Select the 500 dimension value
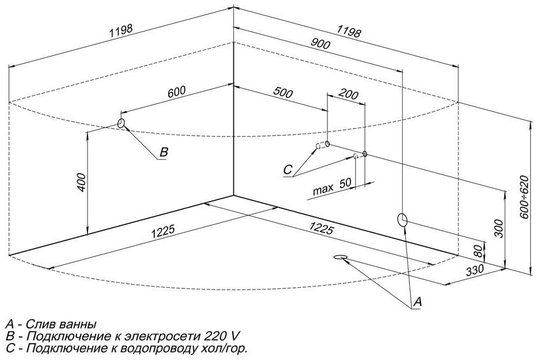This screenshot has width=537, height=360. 283,93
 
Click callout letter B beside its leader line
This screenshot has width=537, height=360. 163,152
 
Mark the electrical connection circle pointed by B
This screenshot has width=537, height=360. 121,124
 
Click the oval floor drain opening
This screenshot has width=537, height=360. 341,257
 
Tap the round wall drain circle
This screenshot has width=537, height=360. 402,220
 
